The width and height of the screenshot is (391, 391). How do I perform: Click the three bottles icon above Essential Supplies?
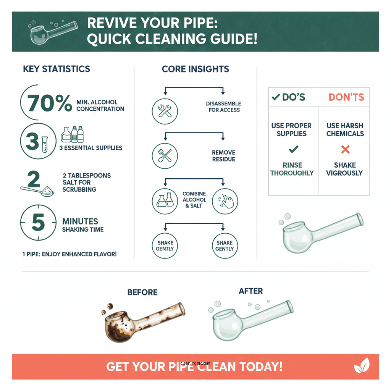[73, 135]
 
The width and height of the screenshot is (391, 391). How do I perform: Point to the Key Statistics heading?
[57, 69]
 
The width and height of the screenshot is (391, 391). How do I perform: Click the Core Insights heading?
[195, 69]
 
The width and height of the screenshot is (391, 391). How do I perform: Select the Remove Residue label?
[224, 155]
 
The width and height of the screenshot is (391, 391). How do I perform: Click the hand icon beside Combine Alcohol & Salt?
[225, 201]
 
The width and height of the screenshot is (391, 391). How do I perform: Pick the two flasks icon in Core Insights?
[165, 201]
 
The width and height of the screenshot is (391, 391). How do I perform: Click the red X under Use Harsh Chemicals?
[345, 149]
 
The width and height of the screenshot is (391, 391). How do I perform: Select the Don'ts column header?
[346, 97]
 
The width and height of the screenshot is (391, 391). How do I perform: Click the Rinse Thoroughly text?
[292, 169]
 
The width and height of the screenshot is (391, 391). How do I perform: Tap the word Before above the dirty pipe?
[142, 292]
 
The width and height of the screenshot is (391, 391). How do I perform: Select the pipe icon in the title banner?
[53, 32]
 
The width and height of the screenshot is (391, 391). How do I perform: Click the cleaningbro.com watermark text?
[195, 364]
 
